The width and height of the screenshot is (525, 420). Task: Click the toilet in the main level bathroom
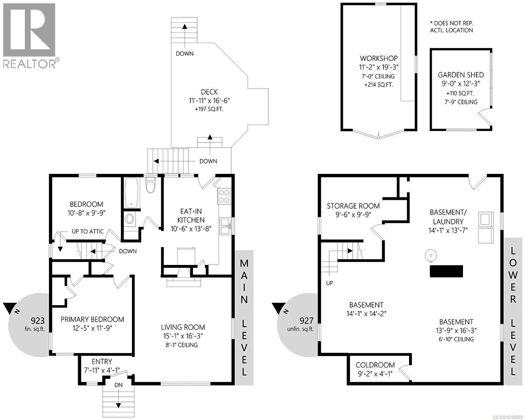coord(150,185)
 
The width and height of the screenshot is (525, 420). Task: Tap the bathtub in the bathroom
coord(132,193)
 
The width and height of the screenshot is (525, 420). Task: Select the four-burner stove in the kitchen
coord(224,196)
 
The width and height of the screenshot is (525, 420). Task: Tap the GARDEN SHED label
coord(461,75)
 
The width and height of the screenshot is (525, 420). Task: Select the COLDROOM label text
coord(375,365)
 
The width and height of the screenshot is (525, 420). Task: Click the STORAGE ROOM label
coord(353,206)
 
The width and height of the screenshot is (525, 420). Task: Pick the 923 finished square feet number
coord(37,320)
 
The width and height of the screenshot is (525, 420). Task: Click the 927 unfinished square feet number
coord(306,320)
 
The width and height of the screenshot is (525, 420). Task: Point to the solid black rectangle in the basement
coord(446,271)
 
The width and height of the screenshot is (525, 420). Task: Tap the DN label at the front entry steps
coord(118,385)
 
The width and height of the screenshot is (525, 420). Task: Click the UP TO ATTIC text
coord(88,231)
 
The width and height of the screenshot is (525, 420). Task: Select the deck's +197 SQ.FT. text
coord(209,109)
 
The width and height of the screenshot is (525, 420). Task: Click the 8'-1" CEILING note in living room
coord(181,345)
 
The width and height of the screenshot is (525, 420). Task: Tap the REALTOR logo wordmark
coord(29,64)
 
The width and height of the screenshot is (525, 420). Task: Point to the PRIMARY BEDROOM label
coord(92,319)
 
